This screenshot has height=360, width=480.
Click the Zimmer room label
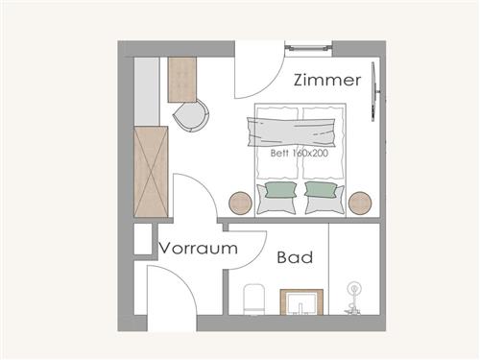(327, 80)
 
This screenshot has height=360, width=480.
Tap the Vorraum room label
(199, 248)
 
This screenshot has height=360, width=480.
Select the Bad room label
(295, 257)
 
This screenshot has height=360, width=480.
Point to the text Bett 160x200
(300, 153)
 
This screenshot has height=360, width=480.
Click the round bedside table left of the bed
(240, 203)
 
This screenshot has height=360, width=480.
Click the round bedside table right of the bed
(360, 203)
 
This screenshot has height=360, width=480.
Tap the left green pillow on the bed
(281, 189)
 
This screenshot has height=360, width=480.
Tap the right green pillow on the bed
(321, 189)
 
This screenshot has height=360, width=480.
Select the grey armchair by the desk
(191, 115)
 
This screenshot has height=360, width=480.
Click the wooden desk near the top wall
(182, 80)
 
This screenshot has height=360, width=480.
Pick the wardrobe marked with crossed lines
(151, 172)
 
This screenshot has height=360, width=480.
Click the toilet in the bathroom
(254, 300)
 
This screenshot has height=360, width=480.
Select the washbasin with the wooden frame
(301, 302)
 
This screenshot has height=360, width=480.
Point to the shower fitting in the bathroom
(353, 298)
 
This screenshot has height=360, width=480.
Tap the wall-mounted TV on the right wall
(374, 92)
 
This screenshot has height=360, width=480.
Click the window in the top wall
(308, 48)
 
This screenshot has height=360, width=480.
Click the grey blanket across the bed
(291, 132)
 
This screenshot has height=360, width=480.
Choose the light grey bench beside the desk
(147, 91)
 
